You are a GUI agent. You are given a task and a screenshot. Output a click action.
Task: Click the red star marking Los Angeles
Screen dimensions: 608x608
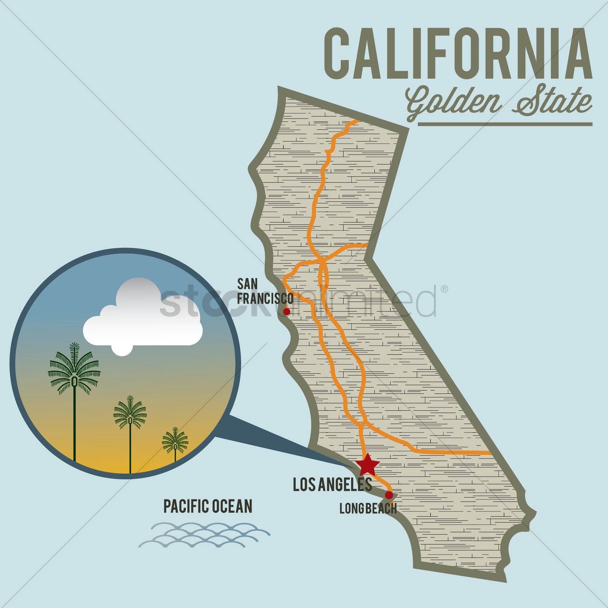[368, 464]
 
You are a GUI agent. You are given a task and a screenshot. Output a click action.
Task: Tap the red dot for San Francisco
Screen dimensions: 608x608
[287, 311]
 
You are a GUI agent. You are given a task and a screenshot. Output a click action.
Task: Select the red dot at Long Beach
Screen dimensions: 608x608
[389, 494]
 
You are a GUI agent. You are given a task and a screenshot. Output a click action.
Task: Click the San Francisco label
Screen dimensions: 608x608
[264, 291]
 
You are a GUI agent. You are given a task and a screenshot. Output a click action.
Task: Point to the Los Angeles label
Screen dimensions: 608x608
[332, 485]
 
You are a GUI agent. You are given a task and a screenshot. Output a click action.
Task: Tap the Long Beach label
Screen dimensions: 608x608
[368, 508]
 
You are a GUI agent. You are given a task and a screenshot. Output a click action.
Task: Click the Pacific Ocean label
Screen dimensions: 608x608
[208, 506]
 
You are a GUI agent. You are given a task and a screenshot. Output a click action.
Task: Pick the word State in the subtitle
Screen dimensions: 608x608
[552, 102]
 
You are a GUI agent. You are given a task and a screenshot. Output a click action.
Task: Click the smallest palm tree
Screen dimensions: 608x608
[175, 442]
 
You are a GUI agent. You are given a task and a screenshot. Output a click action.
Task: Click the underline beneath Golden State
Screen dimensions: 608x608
[505, 124]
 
